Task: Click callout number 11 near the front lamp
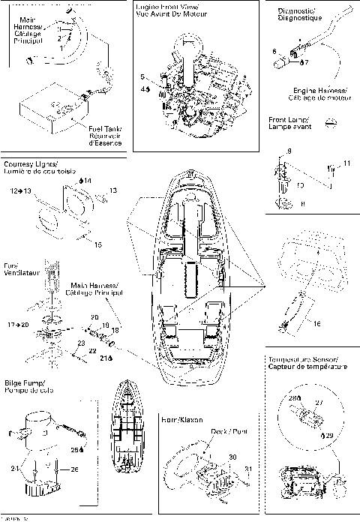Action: click(346, 163)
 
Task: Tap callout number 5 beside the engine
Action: click(142, 77)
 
